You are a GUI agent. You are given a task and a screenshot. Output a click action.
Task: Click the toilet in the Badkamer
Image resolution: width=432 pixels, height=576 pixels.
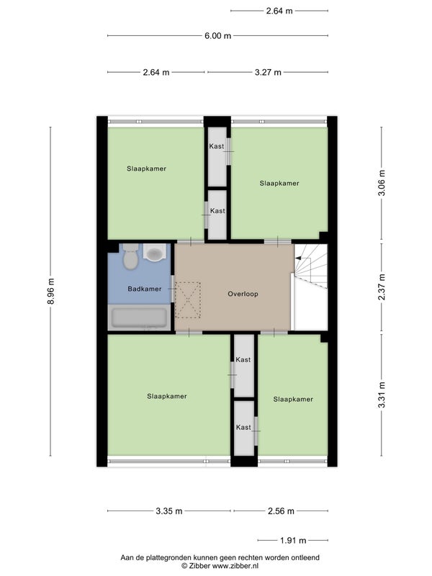tap(130, 256)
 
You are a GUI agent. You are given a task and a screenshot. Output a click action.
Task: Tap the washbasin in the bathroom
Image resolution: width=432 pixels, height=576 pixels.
tap(154, 253)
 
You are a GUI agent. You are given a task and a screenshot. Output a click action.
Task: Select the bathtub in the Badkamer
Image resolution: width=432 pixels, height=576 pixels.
tap(139, 318)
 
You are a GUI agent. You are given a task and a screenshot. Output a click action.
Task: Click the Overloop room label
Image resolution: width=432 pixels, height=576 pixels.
tap(243, 294)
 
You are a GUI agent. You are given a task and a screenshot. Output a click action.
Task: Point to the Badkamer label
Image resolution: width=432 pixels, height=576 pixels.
tap(145, 289)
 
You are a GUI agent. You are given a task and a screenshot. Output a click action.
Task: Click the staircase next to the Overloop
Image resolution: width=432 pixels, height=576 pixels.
tap(311, 266)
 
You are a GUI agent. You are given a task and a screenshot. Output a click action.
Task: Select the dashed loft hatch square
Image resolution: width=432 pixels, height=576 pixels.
tap(188, 300)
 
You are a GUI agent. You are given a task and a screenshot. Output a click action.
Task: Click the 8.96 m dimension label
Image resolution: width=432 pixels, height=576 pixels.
tap(50, 291)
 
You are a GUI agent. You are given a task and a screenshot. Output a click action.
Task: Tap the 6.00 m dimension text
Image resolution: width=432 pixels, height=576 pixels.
tap(218, 35)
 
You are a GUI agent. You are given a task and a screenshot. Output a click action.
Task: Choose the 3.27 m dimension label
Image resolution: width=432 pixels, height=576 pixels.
tap(268, 73)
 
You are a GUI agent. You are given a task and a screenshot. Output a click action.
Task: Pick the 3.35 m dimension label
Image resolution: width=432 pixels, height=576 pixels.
tap(169, 511)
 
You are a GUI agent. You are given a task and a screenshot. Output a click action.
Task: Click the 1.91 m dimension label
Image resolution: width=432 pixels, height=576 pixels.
tap(293, 541)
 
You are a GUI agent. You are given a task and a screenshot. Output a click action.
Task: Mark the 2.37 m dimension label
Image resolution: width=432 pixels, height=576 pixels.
tap(382, 287)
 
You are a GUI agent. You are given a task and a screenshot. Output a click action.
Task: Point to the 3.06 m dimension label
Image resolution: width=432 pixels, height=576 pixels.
tap(382, 183)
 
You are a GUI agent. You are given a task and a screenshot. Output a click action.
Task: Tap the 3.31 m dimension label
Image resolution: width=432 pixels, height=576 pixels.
tap(382, 395)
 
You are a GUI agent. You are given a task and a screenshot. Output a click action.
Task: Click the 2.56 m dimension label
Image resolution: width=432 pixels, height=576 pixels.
tap(281, 511)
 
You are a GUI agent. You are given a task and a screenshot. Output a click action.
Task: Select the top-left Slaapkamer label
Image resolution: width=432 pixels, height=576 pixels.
tap(146, 168)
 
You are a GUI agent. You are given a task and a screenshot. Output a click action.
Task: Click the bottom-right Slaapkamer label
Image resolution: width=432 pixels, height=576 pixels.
tap(293, 400)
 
